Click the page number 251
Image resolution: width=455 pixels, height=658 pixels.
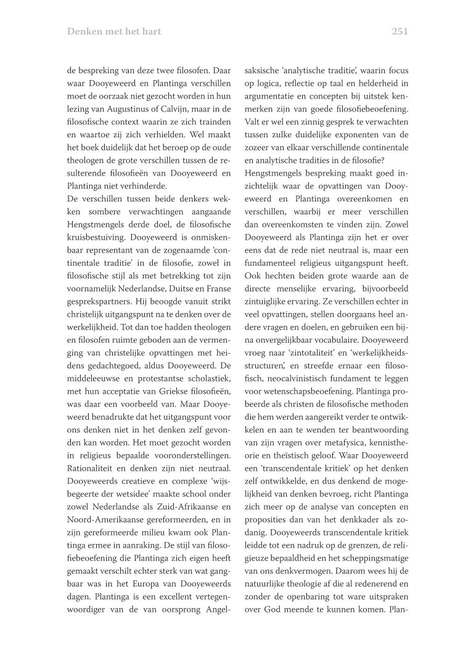(x=400, y=31)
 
